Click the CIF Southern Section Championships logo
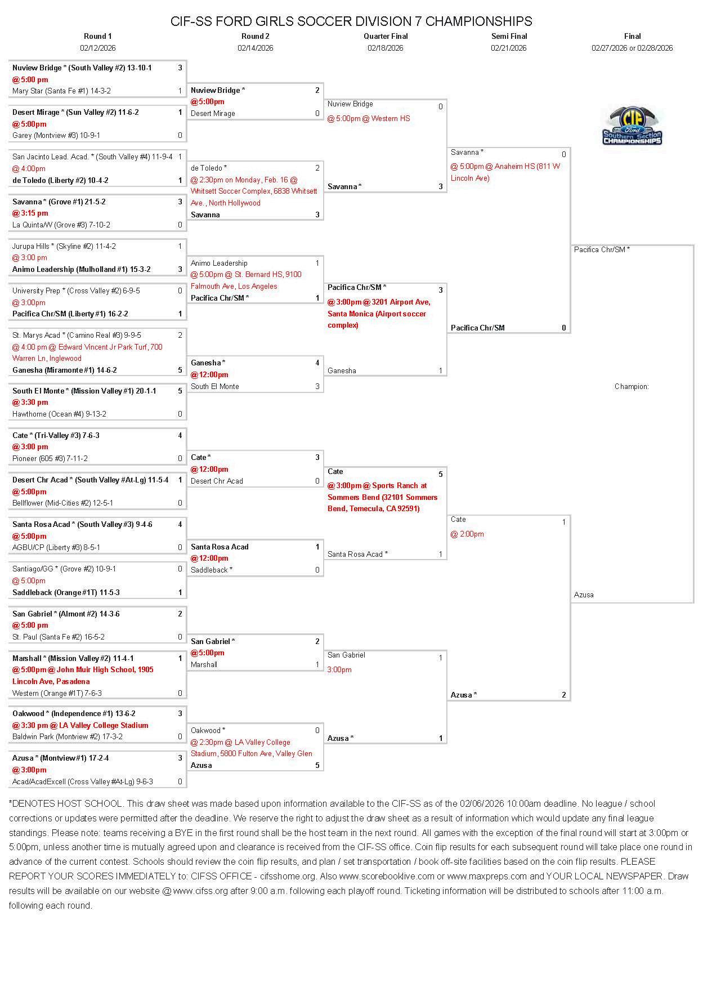[632, 126]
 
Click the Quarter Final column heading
[386, 36]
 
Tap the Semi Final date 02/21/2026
[508, 48]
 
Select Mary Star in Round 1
[61, 91]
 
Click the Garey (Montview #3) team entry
[56, 135]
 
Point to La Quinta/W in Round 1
[61, 225]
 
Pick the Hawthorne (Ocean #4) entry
[59, 414]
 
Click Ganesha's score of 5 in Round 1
[180, 370]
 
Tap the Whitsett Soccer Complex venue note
[253, 191]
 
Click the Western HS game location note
[369, 118]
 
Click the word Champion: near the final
[632, 386]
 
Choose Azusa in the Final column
[584, 595]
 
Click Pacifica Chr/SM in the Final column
[602, 249]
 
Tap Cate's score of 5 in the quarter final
[441, 474]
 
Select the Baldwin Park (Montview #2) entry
[68, 736]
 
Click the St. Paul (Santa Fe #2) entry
[59, 637]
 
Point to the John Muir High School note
[83, 676]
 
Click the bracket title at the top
[351, 21]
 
